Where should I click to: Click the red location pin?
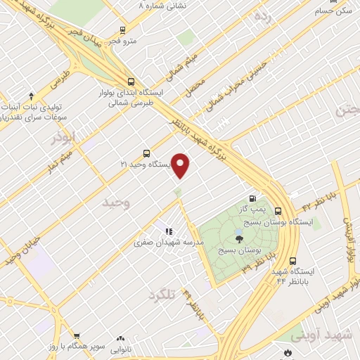[x=181, y=166]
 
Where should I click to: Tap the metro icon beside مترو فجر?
[x=124, y=30]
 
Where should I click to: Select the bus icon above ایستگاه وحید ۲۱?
[x=146, y=153]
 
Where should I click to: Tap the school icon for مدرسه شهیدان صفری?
[x=168, y=231]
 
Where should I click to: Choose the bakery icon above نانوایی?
[x=120, y=339]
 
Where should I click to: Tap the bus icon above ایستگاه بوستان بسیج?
[x=278, y=210]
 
